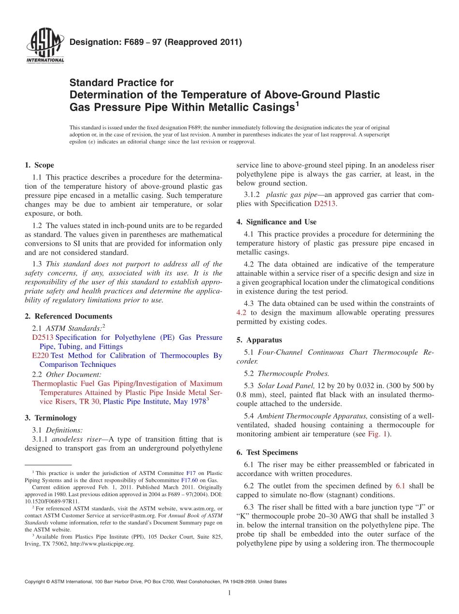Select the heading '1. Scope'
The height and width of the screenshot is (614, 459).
[39, 165]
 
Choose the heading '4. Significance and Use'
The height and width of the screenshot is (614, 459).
[276, 222]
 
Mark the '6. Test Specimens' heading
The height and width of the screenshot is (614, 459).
[267, 452]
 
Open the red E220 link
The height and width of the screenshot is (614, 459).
[40, 356]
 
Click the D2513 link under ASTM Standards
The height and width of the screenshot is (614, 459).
[43, 337]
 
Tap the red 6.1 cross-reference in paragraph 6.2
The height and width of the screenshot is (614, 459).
[401, 486]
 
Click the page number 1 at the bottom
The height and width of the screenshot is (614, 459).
[229, 593]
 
